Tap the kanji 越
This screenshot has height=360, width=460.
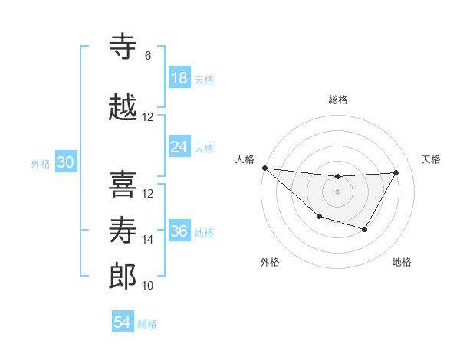[x=123, y=106]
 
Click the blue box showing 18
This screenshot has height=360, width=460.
[x=179, y=78]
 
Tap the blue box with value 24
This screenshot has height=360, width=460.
[x=179, y=147]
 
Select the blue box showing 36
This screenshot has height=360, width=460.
[x=179, y=231]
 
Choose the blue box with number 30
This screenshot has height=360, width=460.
[x=65, y=162]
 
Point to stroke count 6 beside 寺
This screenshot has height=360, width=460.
[x=148, y=56]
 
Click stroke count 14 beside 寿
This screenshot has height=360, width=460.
[x=148, y=240]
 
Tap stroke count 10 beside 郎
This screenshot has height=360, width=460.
[x=148, y=286]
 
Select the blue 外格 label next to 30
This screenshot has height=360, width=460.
[x=41, y=163]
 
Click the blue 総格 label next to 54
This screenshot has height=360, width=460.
[x=147, y=323]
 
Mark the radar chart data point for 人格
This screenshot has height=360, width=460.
[x=264, y=168]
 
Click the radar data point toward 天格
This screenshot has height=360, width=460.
[x=396, y=172]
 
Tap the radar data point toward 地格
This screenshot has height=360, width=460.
[x=365, y=229]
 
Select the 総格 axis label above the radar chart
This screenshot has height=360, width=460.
[x=337, y=100]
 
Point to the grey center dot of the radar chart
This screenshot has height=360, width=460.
[x=337, y=191]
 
